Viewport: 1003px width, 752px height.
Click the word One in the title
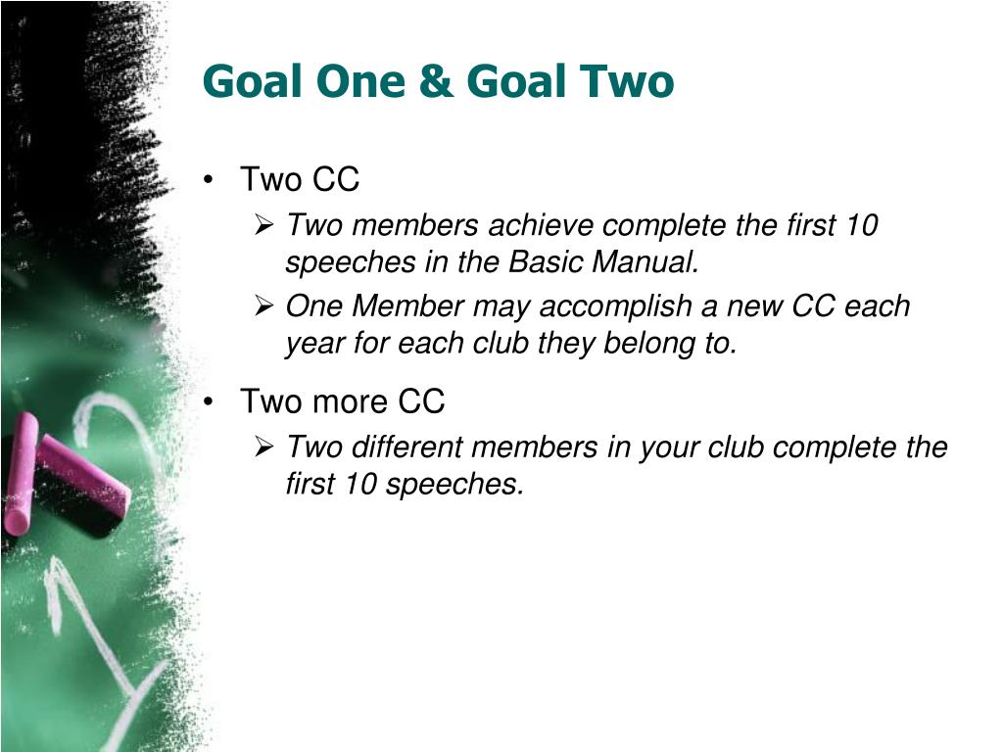[361, 82]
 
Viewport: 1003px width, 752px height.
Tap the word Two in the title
[627, 82]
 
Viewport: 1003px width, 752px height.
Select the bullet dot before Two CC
[208, 180]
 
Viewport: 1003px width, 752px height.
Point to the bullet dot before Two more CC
[208, 402]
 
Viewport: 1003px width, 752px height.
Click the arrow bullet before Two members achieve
[264, 224]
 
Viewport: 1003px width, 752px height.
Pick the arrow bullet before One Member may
[264, 305]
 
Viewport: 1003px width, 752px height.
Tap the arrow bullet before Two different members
[264, 446]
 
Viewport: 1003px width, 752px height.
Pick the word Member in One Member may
[407, 305]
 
